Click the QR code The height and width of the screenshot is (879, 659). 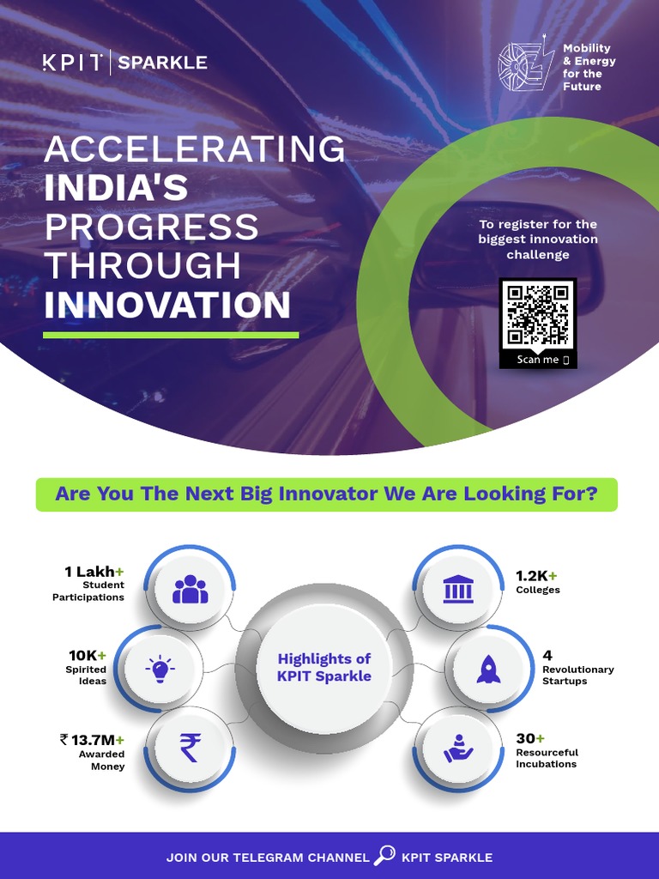538,315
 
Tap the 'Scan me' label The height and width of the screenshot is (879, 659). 538,360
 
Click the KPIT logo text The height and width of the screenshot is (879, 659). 73,63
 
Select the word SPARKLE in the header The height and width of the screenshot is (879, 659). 162,63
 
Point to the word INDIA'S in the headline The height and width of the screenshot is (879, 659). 116,188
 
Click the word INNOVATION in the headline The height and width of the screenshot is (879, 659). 167,306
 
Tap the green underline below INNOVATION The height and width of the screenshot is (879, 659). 171,335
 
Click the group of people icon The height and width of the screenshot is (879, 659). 190,590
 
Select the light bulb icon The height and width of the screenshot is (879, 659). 160,668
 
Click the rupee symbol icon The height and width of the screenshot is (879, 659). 190,747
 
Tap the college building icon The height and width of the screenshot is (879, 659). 456,590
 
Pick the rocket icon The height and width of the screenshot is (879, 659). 488,668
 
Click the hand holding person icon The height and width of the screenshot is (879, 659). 458,748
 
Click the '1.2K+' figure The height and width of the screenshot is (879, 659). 536,575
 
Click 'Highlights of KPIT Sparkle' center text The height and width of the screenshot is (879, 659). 324,667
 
